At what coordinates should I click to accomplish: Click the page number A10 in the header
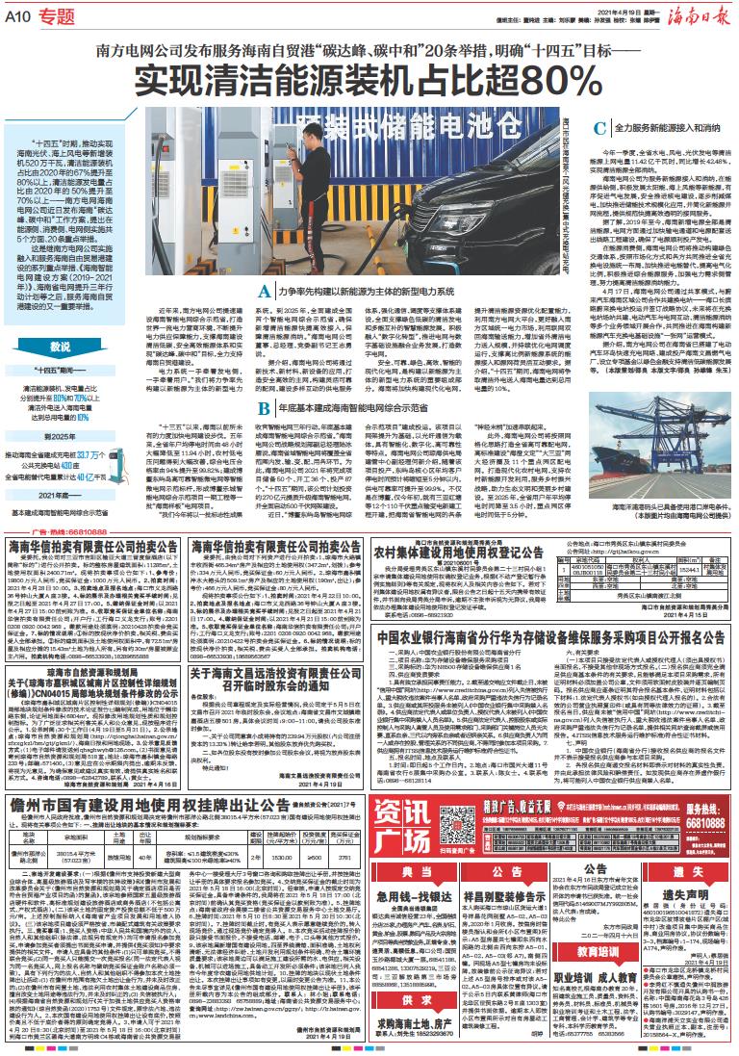(x=20, y=16)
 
